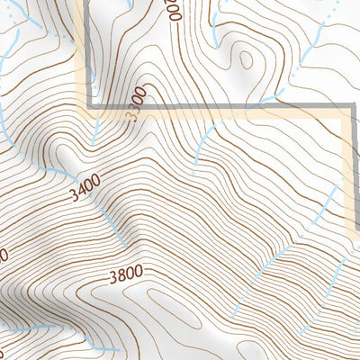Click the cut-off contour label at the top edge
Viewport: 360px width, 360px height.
tap(174, 9)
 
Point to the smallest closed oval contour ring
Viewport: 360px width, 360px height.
tap(244, 58)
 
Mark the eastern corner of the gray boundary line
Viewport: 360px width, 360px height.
tap(349, 110)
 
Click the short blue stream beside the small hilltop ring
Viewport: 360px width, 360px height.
tap(215, 27)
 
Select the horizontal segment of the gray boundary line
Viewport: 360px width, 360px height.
tap(225, 110)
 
